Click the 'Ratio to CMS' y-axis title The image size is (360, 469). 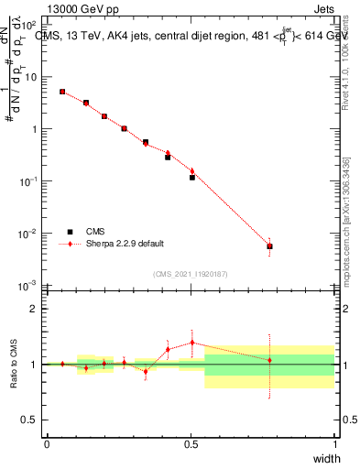click(12, 363)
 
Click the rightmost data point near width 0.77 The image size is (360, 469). click(269, 245)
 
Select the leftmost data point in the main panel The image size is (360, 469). click(62, 92)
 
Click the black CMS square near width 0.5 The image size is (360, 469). click(192, 177)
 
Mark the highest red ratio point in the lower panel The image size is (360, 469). click(192, 343)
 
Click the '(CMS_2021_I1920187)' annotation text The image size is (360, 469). click(191, 273)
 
